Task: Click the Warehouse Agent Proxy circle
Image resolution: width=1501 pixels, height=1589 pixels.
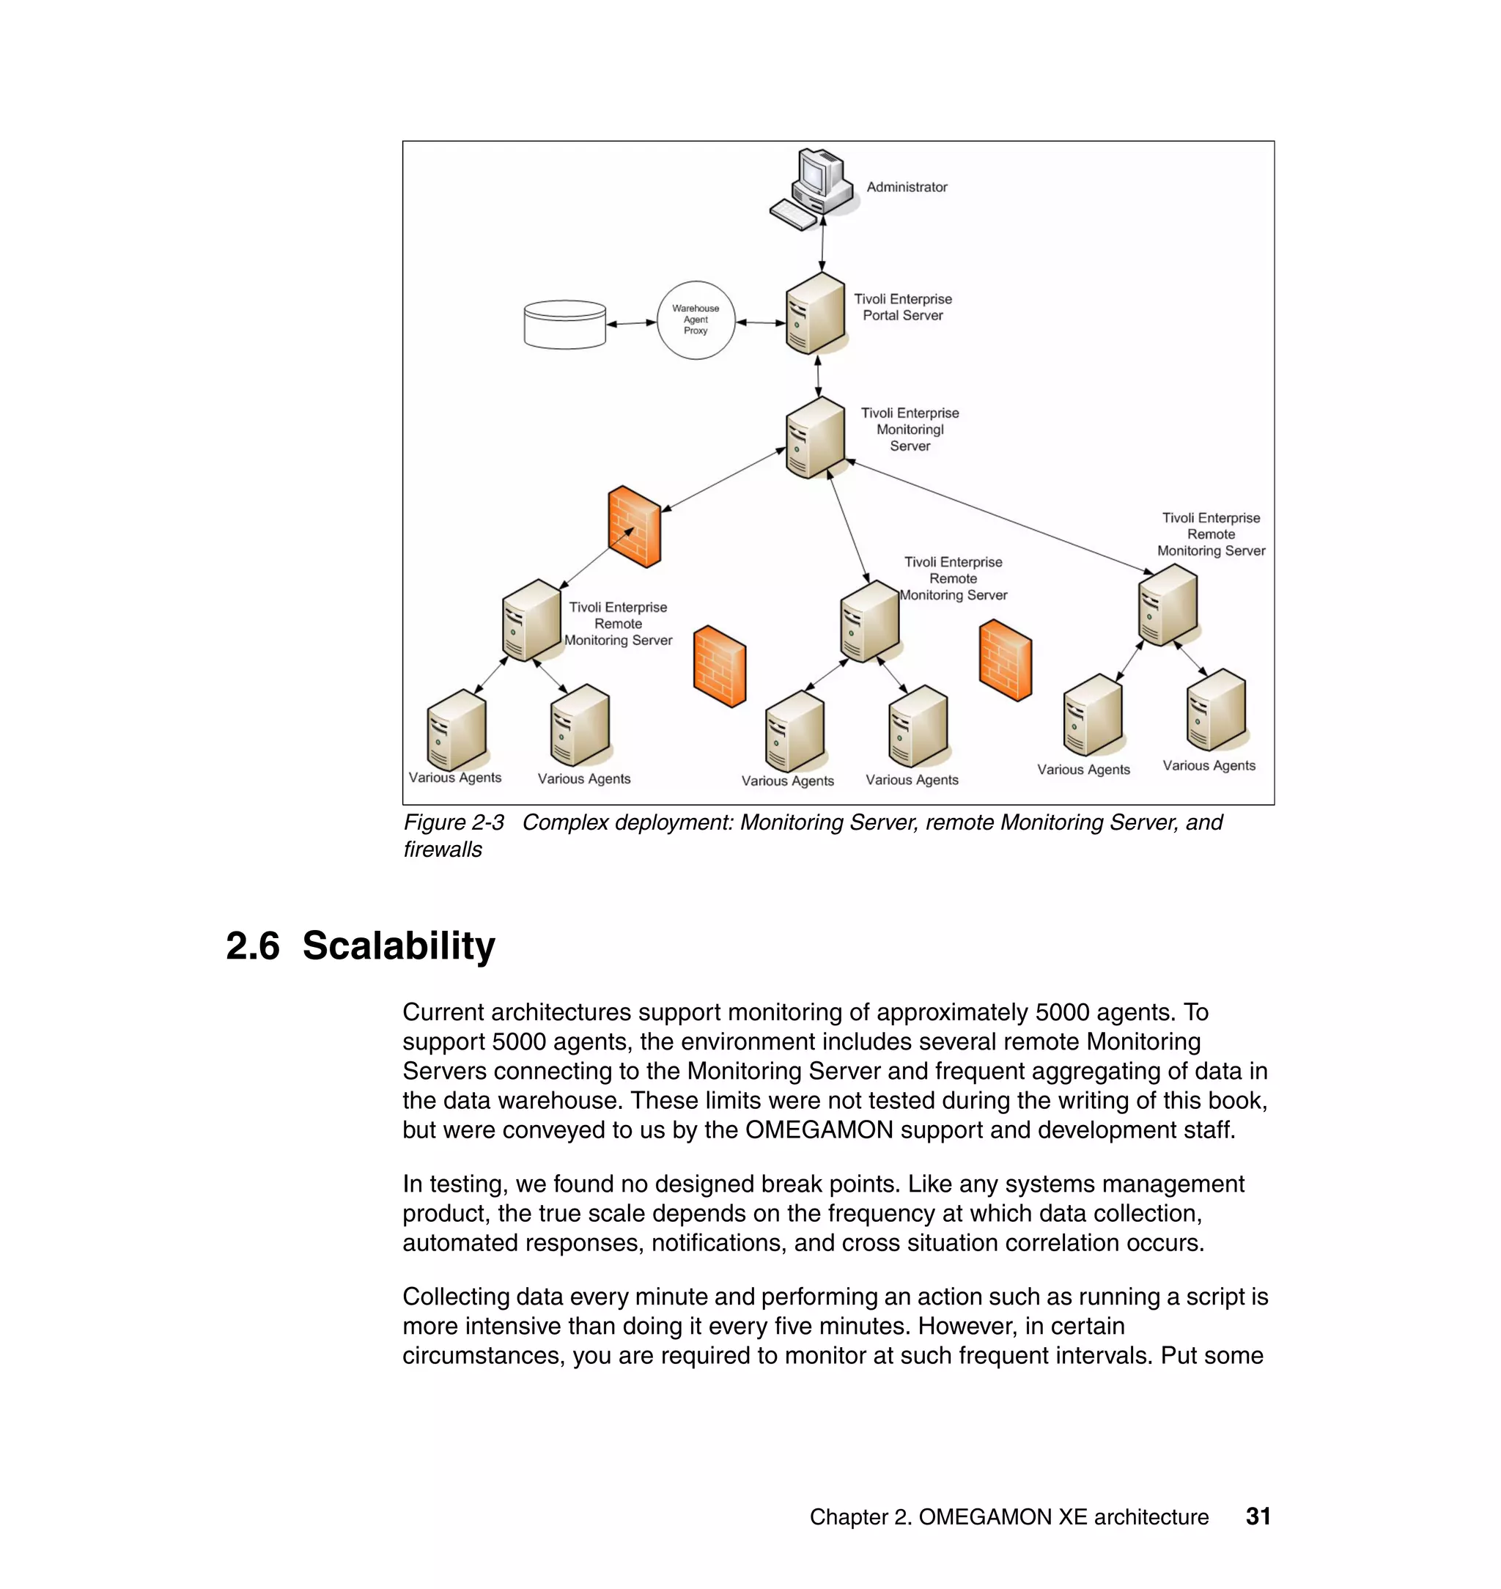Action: pos(696,320)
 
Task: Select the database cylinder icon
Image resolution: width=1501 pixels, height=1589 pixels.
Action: pos(565,324)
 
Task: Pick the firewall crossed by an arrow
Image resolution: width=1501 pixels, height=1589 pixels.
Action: pos(635,526)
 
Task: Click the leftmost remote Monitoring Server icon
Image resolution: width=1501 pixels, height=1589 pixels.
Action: pos(531,620)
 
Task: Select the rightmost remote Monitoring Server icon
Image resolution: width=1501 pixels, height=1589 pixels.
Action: pos(1168,605)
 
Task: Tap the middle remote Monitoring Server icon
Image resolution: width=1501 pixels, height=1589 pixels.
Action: pos(870,621)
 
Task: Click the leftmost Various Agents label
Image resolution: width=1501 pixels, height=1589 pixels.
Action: pos(454,778)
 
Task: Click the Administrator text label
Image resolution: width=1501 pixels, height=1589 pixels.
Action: pos(907,187)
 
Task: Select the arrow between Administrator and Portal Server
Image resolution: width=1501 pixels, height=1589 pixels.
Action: pos(822,243)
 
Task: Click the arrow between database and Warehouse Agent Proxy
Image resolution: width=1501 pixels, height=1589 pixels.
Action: pos(631,323)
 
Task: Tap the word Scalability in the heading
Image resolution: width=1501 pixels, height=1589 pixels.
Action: pos(399,945)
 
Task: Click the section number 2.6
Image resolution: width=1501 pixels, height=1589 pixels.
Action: pos(253,945)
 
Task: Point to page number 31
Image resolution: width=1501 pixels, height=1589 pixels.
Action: pos(1258,1516)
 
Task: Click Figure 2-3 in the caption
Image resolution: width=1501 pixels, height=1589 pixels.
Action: pos(454,822)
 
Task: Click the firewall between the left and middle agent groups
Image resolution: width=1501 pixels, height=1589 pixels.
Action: pos(719,666)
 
